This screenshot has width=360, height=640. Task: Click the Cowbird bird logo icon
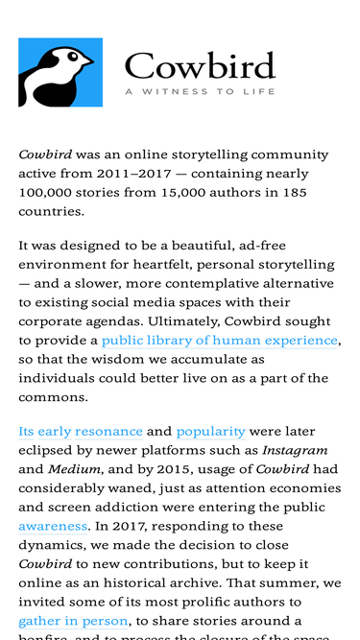(60, 73)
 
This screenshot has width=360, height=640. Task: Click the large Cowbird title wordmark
(200, 66)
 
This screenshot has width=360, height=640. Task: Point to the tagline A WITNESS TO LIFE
(200, 92)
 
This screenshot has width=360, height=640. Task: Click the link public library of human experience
(220, 341)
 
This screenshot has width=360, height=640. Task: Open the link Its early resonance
(81, 432)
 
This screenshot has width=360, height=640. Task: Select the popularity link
(210, 432)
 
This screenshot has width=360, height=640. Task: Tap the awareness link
(49, 527)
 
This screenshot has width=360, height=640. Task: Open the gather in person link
(73, 622)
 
